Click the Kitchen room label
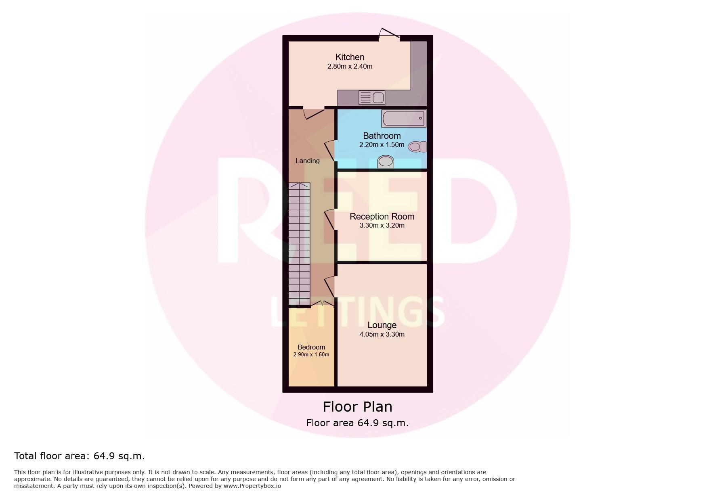(350, 57)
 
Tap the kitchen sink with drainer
(372, 98)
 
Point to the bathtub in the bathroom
(403, 118)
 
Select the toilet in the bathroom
(417, 146)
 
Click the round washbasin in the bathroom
(386, 161)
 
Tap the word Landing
(308, 161)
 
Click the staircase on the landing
(299, 244)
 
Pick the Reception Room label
(382, 216)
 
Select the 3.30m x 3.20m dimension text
(382, 225)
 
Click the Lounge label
(382, 325)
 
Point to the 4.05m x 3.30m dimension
(382, 334)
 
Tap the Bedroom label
(311, 347)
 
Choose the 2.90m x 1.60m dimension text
(311, 355)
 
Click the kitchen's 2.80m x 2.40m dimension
(350, 66)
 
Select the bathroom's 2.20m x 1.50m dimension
(382, 144)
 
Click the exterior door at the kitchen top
(390, 34)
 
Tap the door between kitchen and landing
(314, 113)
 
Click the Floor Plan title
(357, 406)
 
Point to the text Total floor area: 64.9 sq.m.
(80, 456)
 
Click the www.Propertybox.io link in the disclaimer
(252, 486)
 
